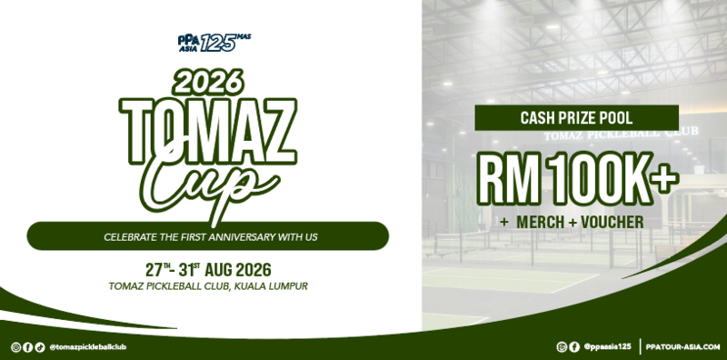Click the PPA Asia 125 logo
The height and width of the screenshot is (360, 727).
click(x=214, y=43)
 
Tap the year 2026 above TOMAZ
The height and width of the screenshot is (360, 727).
click(x=208, y=82)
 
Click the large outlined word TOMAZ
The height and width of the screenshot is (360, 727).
click(x=208, y=132)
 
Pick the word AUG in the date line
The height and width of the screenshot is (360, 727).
click(x=217, y=271)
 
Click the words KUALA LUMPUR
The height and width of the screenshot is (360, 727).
click(x=271, y=286)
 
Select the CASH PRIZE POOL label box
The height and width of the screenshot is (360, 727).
click(x=576, y=118)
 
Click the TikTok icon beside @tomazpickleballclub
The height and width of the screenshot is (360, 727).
click(x=40, y=347)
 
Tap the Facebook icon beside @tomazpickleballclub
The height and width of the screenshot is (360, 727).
click(x=28, y=347)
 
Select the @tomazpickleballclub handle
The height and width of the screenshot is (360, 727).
click(x=87, y=347)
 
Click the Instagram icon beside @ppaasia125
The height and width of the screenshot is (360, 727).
click(x=562, y=346)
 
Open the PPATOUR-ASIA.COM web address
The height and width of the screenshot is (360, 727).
click(x=682, y=346)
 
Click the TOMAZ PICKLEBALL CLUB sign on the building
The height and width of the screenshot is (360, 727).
click(x=622, y=134)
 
